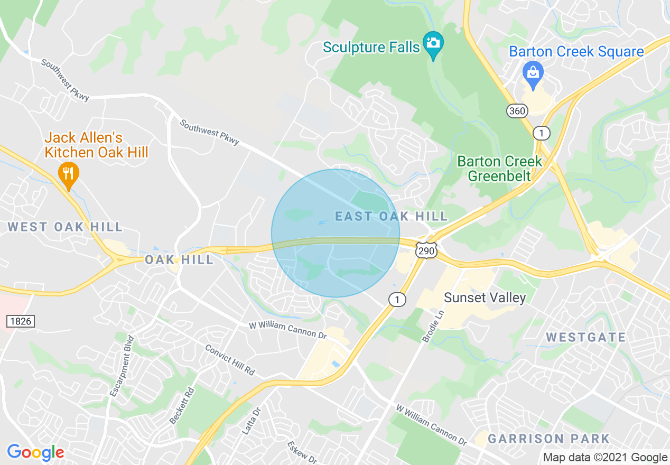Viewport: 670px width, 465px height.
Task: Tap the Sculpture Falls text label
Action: [371, 47]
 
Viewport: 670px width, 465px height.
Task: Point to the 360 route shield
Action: [517, 111]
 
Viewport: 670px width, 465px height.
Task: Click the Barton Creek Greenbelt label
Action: [499, 168]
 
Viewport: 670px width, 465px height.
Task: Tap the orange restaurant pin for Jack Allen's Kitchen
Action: [68, 174]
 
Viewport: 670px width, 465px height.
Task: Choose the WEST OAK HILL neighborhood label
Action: [65, 227]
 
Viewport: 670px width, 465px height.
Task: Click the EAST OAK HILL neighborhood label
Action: [392, 216]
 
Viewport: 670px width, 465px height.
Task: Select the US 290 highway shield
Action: [425, 251]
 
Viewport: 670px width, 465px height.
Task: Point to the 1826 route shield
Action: [21, 320]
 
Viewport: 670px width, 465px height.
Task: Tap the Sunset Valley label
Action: [485, 297]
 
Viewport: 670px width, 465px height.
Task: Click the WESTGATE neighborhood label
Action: [585, 337]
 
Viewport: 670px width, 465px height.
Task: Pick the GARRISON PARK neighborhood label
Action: [548, 439]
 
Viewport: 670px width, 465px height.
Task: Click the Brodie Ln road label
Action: [433, 325]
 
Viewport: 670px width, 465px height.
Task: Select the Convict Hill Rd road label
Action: [229, 360]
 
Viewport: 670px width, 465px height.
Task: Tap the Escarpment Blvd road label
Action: [122, 366]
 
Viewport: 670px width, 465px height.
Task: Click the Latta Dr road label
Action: [252, 421]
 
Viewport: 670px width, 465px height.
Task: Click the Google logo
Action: [35, 452]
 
